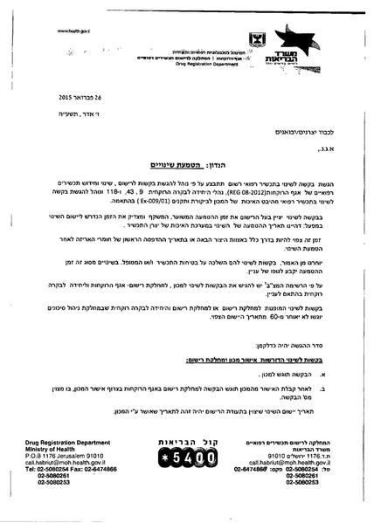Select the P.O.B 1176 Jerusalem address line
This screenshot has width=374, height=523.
click(53, 469)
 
